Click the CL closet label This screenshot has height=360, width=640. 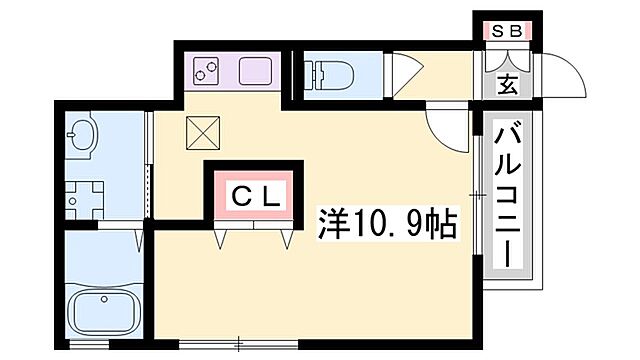tap(255, 195)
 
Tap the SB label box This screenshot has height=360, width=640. tap(506, 31)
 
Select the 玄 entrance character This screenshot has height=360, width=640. tap(507, 84)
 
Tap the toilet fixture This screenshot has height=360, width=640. tap(329, 74)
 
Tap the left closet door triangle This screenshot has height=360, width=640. tap(222, 238)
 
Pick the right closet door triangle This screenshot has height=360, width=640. tap(286, 238)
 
